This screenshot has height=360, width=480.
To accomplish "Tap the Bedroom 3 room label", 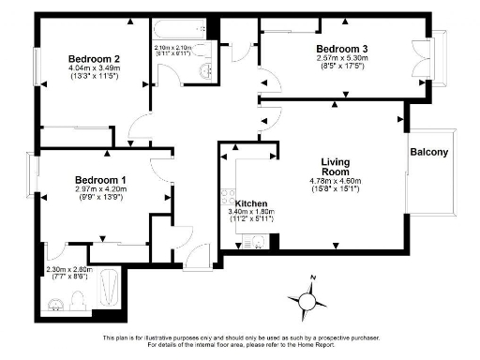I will click(341, 49).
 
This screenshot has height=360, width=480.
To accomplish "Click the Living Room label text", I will click(335, 167).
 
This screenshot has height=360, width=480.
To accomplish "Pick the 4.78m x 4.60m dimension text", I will click(335, 181).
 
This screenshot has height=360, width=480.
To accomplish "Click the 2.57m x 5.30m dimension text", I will click(341, 58).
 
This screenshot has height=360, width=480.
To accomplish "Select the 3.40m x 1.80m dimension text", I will click(253, 213).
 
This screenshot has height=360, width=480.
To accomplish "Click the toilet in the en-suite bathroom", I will click(56, 303).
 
